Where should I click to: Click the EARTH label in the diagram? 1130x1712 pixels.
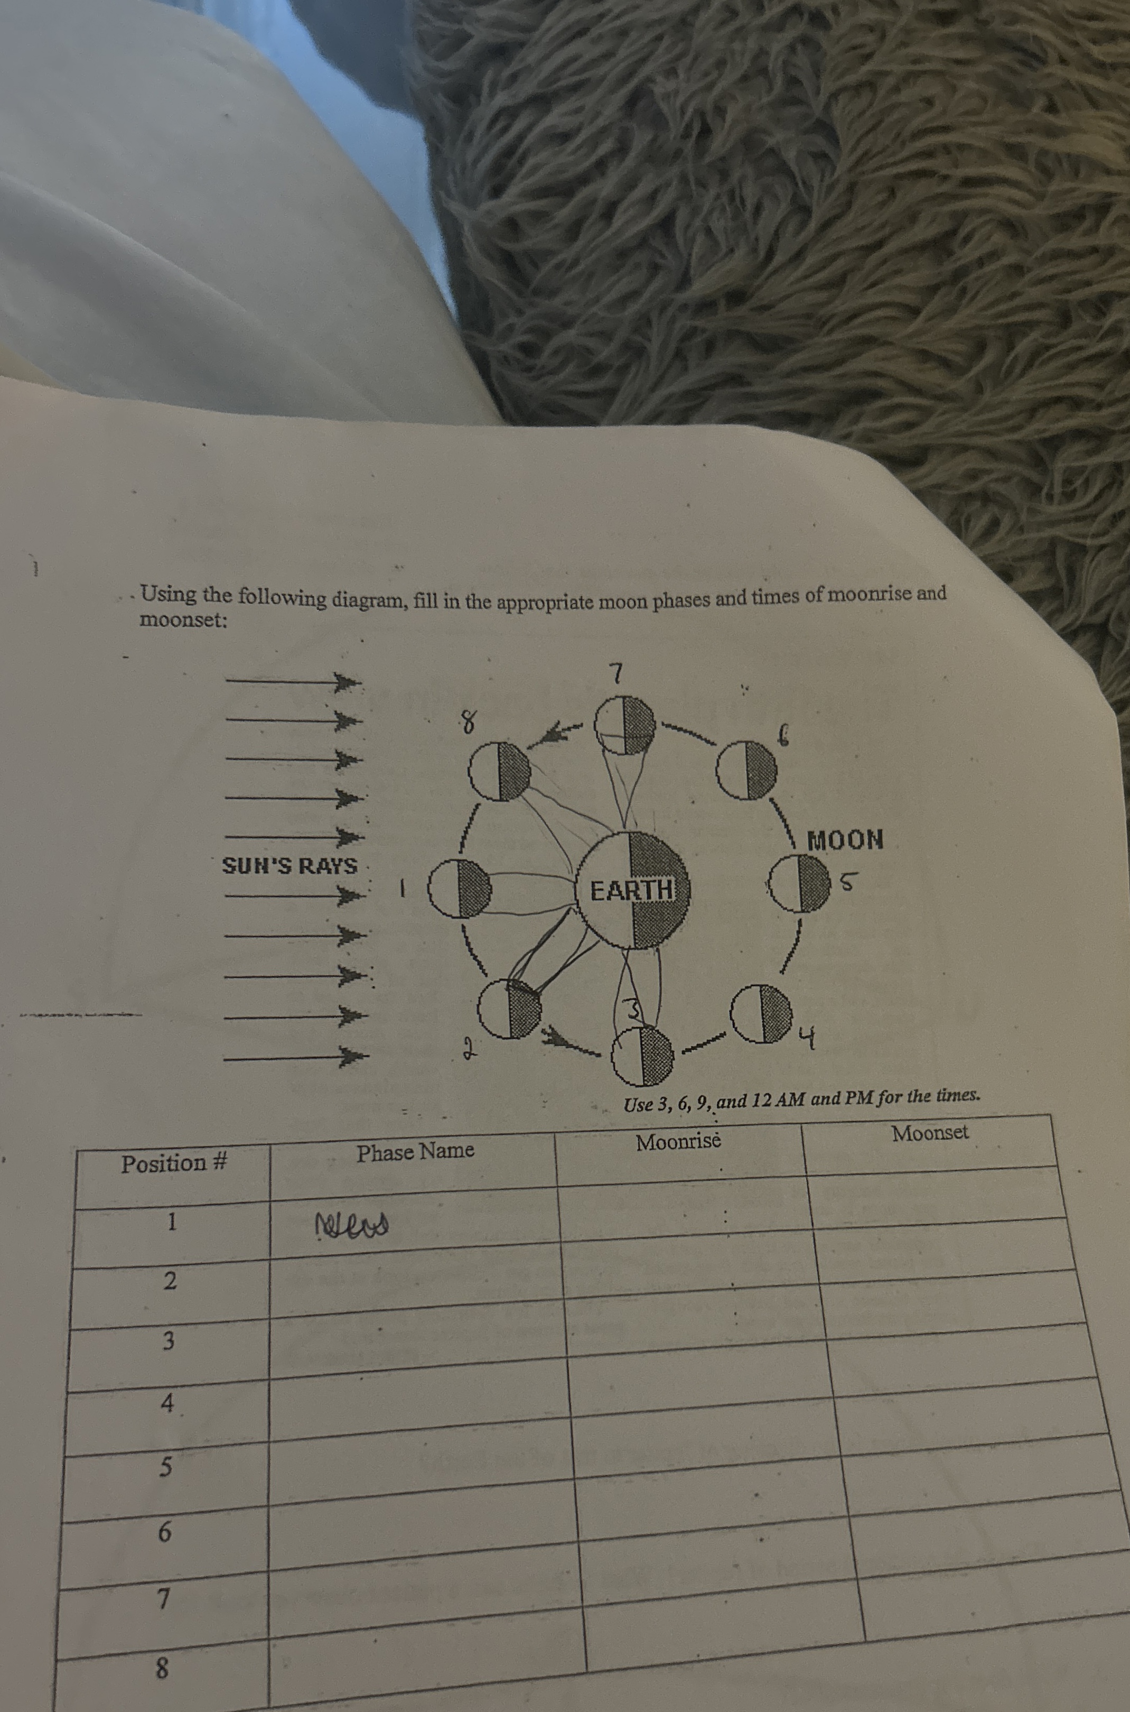(631, 890)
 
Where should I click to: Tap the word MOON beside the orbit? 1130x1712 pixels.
(845, 840)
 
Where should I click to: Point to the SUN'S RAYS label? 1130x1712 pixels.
(289, 865)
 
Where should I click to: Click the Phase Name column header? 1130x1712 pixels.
(415, 1151)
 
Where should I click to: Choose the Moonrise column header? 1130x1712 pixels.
(678, 1142)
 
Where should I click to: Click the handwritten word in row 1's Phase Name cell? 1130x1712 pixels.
(352, 1223)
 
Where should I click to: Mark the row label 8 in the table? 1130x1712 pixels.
(162, 1667)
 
